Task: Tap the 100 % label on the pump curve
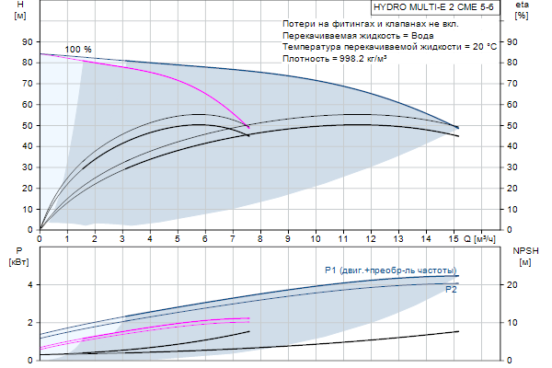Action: click(78, 49)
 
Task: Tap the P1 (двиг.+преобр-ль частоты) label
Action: click(390, 270)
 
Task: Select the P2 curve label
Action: click(451, 290)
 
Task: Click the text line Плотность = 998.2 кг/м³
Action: click(341, 57)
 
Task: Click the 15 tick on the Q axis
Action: click(454, 238)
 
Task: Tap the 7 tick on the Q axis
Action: click(233, 238)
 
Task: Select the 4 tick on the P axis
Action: click(31, 284)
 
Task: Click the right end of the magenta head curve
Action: click(248, 126)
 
